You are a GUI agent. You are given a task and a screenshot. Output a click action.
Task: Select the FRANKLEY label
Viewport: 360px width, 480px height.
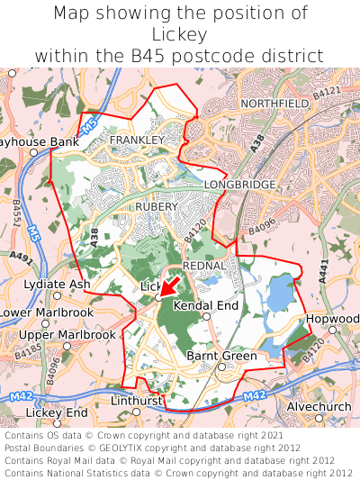pyautogui.click(x=137, y=140)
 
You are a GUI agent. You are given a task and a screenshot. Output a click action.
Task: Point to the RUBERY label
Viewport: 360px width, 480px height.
pyautogui.click(x=155, y=207)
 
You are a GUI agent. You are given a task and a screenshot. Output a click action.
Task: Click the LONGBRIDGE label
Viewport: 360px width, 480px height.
pyautogui.click(x=240, y=185)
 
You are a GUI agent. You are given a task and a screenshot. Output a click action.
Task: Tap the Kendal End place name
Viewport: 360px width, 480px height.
pyautogui.click(x=205, y=306)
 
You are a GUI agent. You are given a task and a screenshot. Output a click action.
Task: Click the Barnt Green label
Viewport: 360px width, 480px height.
pyautogui.click(x=221, y=357)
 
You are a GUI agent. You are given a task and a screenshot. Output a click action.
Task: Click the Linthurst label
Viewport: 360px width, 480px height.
pyautogui.click(x=135, y=400)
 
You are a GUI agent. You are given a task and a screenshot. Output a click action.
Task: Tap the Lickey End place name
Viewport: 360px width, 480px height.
pyautogui.click(x=57, y=412)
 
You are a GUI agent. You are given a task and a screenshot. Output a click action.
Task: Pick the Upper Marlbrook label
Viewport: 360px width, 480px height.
pyautogui.click(x=67, y=335)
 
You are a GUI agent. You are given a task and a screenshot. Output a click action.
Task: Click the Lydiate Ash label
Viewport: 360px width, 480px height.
pyautogui.click(x=57, y=285)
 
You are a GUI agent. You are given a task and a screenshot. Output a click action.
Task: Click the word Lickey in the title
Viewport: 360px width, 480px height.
pyautogui.click(x=180, y=35)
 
